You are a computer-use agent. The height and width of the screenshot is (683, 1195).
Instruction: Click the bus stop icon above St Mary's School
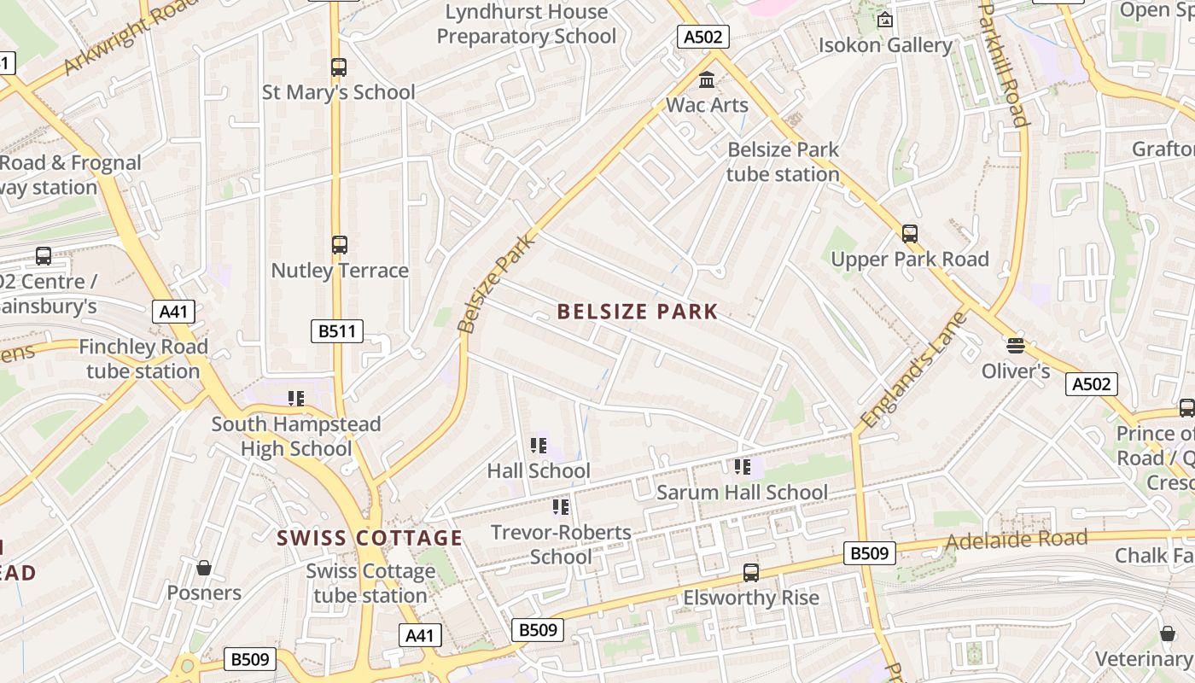coord(339,67)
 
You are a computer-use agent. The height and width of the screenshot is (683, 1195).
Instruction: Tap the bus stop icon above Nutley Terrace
coord(339,245)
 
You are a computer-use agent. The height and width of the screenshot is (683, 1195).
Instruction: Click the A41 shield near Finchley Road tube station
coord(173,312)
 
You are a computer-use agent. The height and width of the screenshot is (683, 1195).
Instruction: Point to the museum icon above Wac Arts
coord(707,80)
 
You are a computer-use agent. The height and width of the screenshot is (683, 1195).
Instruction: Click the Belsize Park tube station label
coord(783,161)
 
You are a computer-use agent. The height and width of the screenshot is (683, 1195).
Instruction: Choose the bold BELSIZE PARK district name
coord(637,312)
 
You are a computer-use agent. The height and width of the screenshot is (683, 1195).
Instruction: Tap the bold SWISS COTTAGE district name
coord(369,538)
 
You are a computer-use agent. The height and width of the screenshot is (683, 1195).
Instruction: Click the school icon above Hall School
coord(539,446)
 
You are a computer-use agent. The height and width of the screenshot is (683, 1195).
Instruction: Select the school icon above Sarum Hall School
coord(742,467)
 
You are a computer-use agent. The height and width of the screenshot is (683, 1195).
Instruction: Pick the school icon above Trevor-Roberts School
coord(561,507)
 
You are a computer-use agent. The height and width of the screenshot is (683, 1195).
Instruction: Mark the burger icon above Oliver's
coord(1015,346)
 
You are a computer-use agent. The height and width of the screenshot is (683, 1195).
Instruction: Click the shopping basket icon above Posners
coord(204,568)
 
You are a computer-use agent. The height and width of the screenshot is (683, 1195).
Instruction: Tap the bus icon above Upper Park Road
coord(910,234)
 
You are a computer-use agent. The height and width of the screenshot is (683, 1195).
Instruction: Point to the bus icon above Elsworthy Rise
coord(751,572)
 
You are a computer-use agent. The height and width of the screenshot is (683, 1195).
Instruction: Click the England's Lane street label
coord(913,371)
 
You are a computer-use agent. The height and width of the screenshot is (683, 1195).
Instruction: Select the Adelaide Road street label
coord(1016,540)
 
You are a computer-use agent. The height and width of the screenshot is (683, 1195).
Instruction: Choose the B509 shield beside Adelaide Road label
coord(870,553)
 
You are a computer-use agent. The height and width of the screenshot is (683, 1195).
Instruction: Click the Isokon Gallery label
coord(885,45)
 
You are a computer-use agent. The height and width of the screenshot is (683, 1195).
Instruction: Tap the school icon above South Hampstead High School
coord(296,398)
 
